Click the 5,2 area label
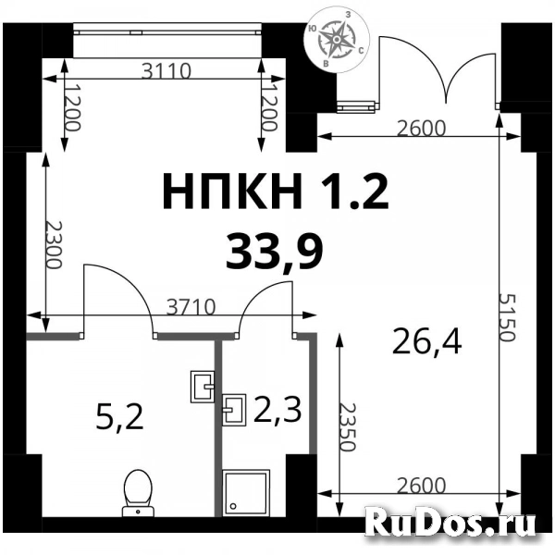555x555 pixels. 120,419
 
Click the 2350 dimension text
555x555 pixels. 347,426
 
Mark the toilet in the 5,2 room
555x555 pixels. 138,489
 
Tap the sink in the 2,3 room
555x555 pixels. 234,408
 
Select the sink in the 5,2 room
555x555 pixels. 203,385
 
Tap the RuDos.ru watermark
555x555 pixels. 451,524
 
